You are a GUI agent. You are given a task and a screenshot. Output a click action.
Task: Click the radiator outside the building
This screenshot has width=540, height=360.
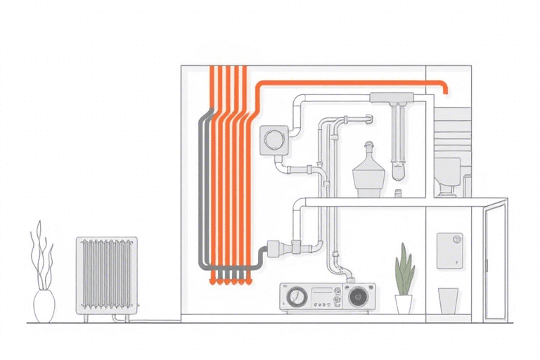[107, 275]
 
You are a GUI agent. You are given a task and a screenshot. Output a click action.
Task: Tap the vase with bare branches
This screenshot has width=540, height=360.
[44, 305]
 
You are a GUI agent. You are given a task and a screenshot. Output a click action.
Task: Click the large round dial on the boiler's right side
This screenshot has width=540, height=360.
[358, 296]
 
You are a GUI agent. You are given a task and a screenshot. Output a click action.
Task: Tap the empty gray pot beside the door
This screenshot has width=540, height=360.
[448, 300]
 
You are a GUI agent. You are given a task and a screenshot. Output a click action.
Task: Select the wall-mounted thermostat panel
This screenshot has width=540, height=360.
[449, 250]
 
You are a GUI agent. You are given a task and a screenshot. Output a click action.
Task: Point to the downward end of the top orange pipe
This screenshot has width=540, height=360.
[445, 90]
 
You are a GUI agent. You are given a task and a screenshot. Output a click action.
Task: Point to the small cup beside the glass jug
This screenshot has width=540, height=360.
[397, 192]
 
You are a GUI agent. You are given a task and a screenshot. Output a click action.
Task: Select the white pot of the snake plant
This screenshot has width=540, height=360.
[404, 304]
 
